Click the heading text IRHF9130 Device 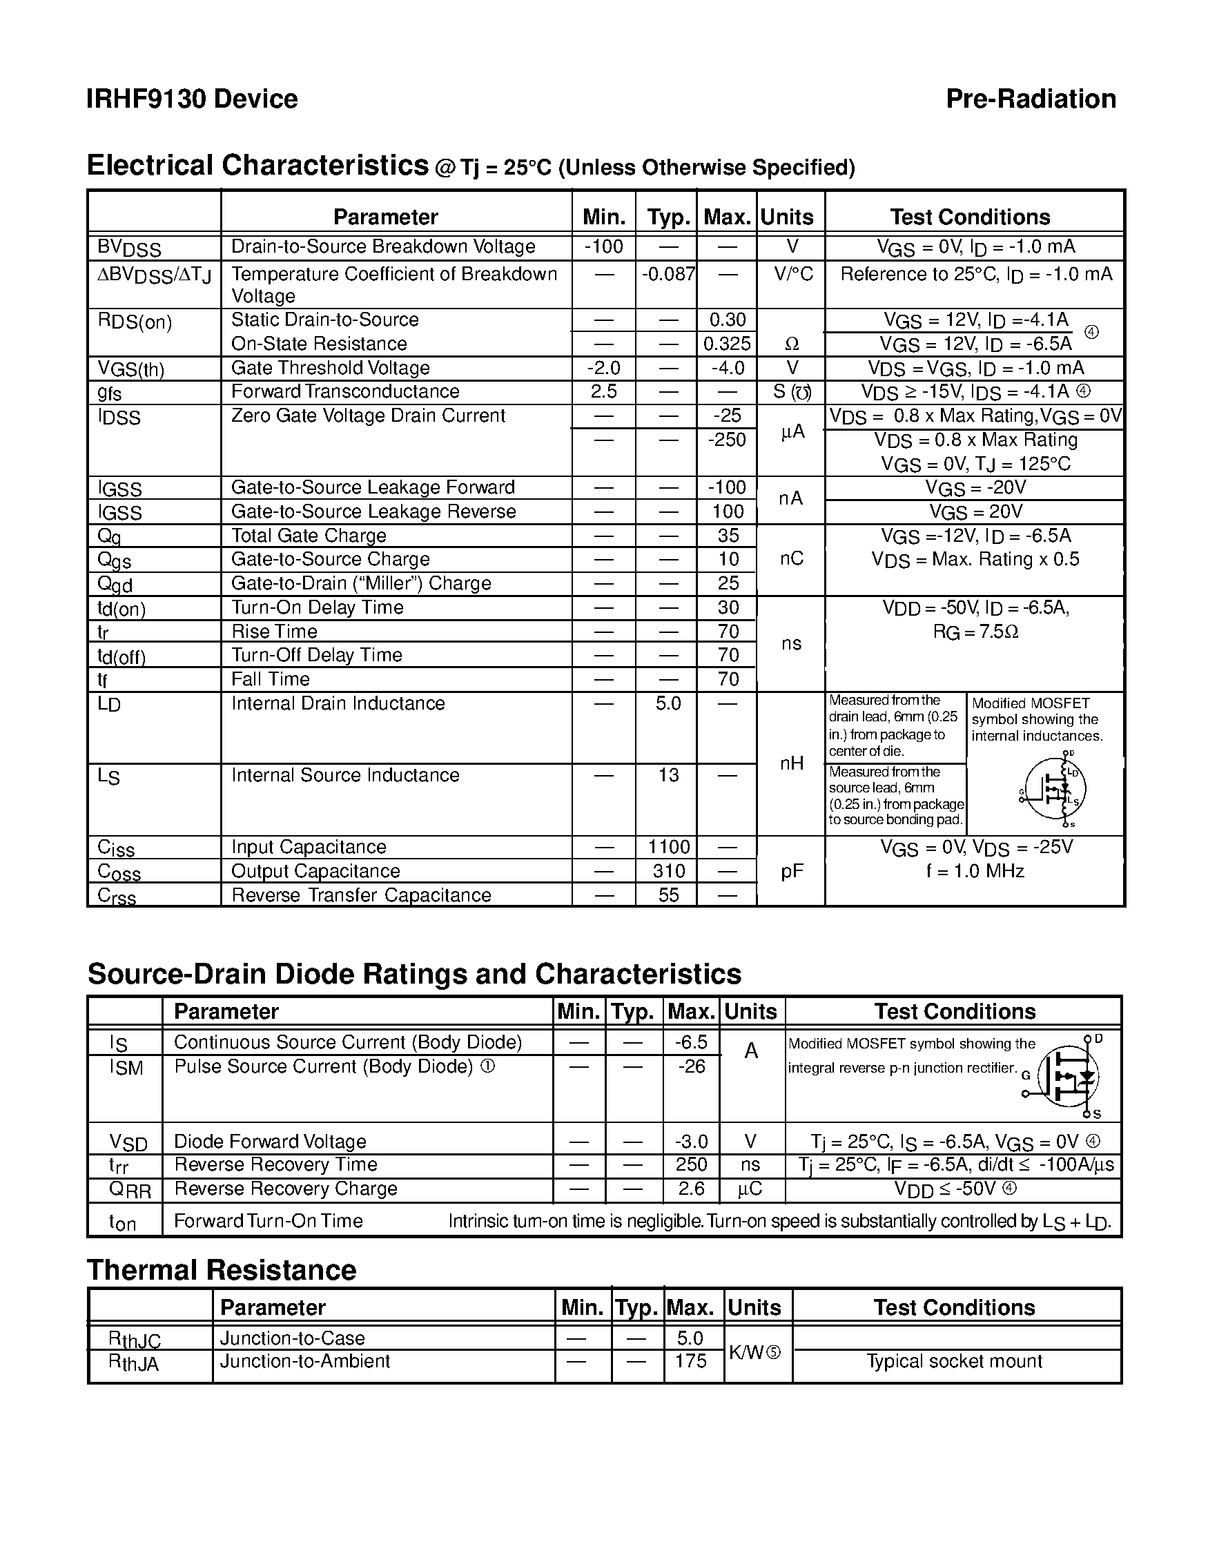coord(192,99)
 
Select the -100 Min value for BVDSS coord(603,246)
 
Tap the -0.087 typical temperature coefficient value coord(668,274)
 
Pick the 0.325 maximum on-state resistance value coord(727,344)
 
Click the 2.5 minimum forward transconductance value coord(603,392)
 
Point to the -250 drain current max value coord(727,440)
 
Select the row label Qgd coord(115,584)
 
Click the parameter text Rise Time coord(274,632)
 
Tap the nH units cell coord(790,763)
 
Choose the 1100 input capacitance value coord(668,847)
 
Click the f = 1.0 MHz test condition coord(975,871)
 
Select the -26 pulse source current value coord(690,1066)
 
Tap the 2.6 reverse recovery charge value coord(690,1189)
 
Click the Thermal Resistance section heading coord(221,1271)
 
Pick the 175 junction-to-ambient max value coord(690,1361)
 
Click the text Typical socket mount coord(954,1361)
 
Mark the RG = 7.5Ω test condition coord(975,632)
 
